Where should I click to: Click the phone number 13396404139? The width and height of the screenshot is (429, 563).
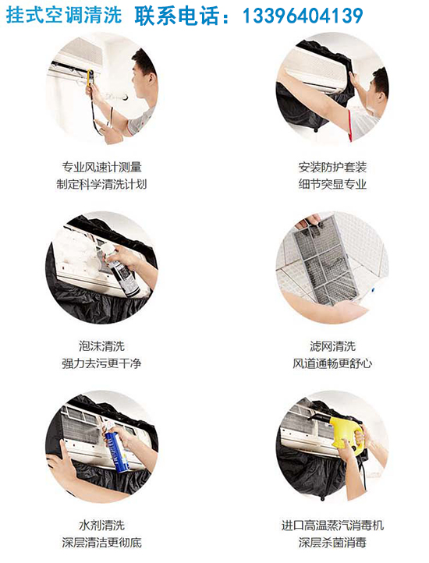[x=303, y=16]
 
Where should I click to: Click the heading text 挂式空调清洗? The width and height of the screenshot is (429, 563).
[x=64, y=16]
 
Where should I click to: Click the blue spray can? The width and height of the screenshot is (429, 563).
[x=116, y=451]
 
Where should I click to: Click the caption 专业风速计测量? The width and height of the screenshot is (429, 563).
[x=101, y=167]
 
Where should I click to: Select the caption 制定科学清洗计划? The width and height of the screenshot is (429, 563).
[x=101, y=184]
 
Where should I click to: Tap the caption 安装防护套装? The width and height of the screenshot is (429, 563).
[x=332, y=167]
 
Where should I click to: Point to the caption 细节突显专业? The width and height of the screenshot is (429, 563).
[x=332, y=184]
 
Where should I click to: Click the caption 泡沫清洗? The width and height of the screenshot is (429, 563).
[x=101, y=346]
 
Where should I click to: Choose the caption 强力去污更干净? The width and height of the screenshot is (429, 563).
[x=101, y=363]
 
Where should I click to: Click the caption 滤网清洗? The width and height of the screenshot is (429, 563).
[x=332, y=346]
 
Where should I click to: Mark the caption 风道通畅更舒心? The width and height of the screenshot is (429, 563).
[x=332, y=363]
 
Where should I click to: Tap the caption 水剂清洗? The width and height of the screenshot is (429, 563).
[x=101, y=526]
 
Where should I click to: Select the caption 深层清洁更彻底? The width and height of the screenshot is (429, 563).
[x=101, y=542]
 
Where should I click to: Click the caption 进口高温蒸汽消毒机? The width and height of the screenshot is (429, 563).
[x=332, y=526]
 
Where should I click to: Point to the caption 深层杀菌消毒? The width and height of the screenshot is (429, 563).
[x=332, y=542]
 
